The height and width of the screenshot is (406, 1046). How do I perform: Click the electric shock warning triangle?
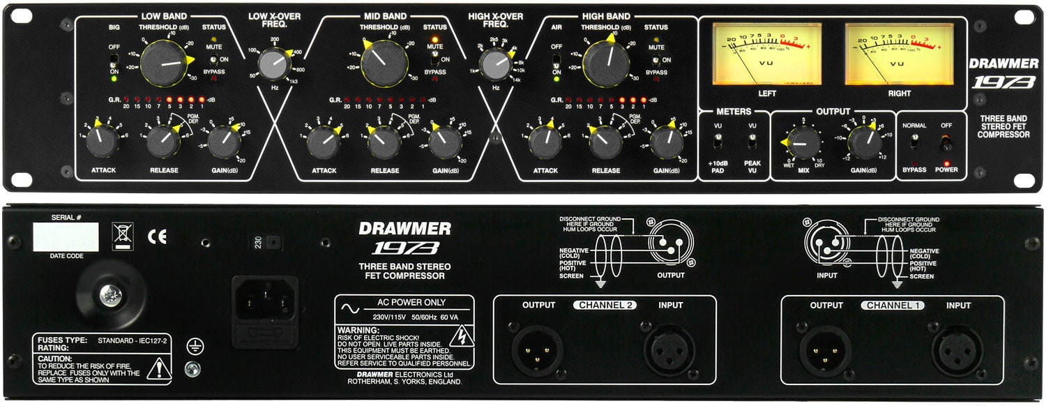(460, 338)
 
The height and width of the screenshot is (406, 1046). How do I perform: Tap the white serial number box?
(66, 237)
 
